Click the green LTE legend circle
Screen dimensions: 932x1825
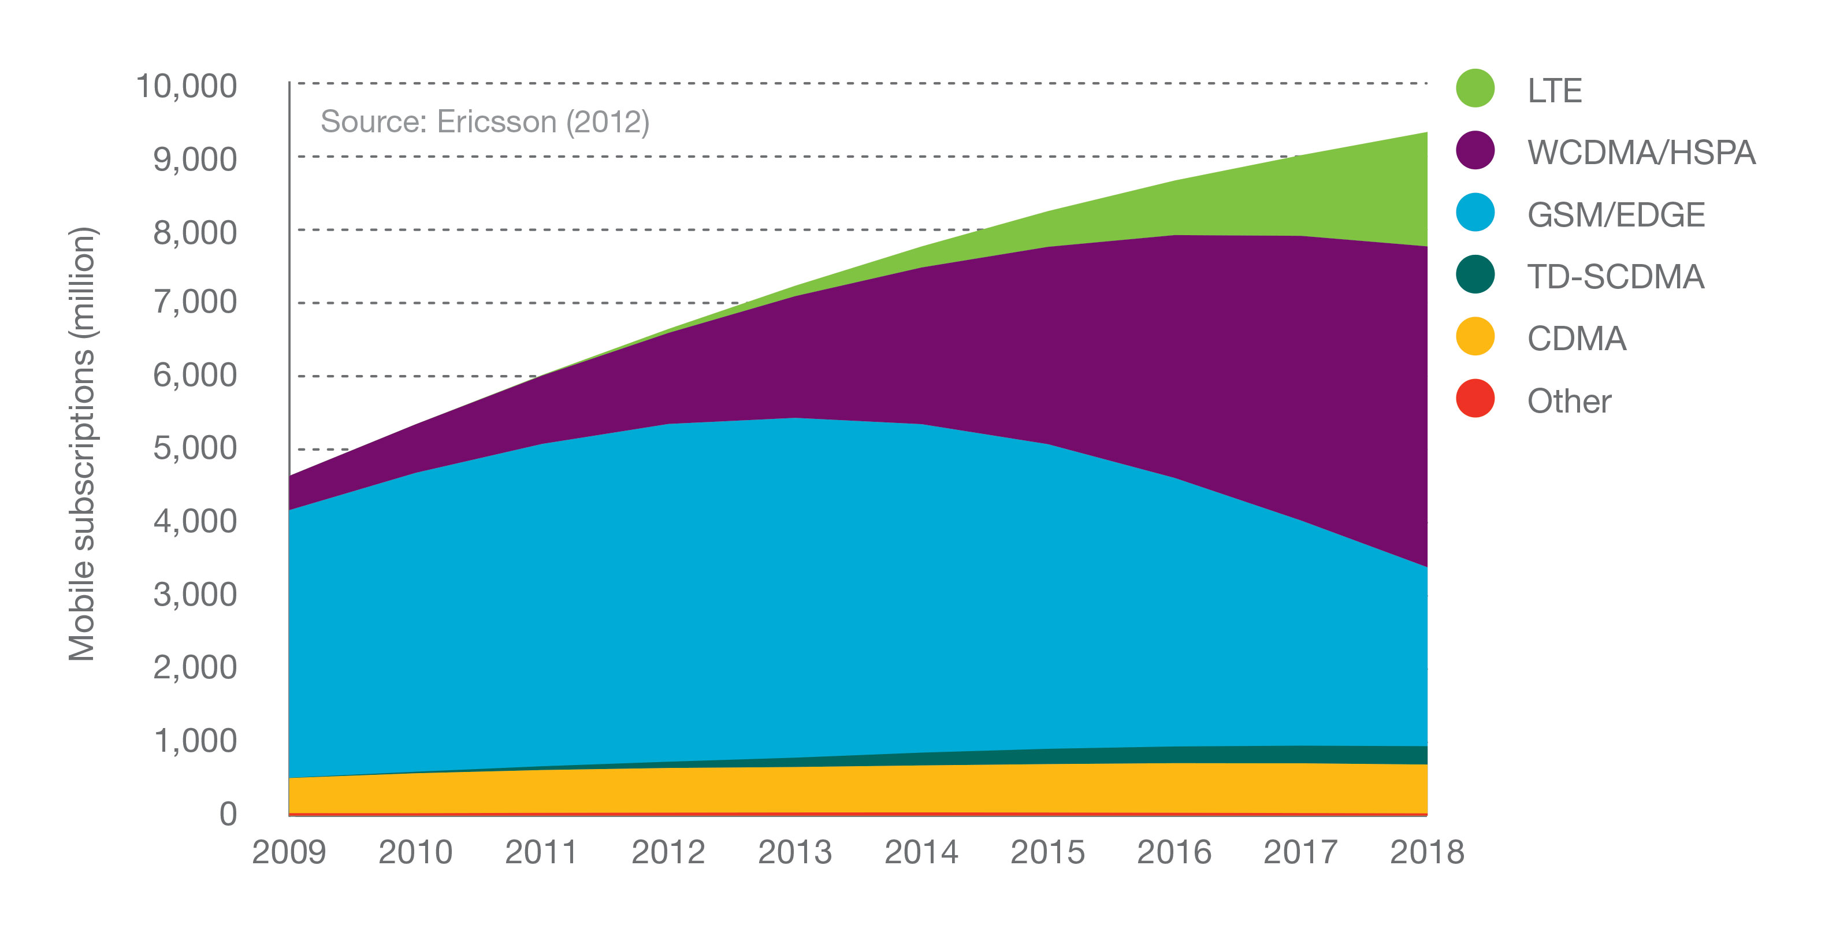click(x=1475, y=88)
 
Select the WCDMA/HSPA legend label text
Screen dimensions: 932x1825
click(x=1641, y=153)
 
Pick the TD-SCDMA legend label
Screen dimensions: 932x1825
click(x=1615, y=276)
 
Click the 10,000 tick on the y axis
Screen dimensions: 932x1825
click(x=187, y=87)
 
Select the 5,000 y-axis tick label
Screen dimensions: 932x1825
click(x=195, y=448)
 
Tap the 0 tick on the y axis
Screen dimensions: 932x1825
click(x=228, y=814)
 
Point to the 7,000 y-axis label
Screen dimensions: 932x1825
click(x=195, y=302)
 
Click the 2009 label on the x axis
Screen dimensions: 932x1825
click(x=289, y=852)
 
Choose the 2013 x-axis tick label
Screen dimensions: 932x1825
click(x=795, y=852)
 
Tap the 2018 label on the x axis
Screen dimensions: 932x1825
click(x=1427, y=852)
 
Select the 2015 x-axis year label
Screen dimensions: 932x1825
click(x=1048, y=852)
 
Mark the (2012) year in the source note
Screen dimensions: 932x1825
click(x=607, y=122)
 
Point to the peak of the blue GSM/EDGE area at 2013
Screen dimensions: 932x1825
click(x=796, y=419)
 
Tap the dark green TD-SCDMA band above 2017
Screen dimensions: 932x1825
click(x=1301, y=754)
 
